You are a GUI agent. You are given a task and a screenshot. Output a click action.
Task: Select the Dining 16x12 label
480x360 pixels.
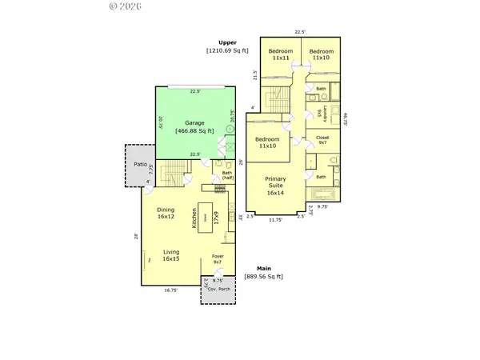click(x=166, y=214)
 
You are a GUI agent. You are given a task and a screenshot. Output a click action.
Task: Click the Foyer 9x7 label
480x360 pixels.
click(x=217, y=259)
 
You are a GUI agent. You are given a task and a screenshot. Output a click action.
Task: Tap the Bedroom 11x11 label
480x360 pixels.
click(x=280, y=54)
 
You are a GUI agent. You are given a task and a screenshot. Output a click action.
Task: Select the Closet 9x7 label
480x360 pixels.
click(x=322, y=141)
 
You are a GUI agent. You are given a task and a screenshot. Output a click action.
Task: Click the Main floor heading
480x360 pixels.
click(x=263, y=268)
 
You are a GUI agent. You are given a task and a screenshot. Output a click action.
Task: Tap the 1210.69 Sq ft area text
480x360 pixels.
click(x=228, y=50)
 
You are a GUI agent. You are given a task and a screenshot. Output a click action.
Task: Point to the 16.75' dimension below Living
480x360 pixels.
click(x=171, y=291)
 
